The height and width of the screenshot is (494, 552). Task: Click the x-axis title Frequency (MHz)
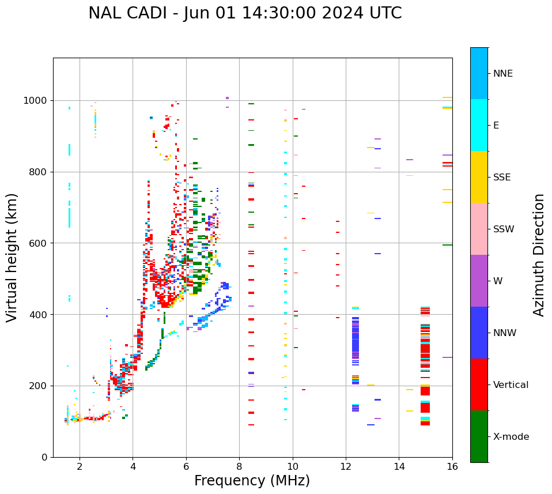click(252, 481)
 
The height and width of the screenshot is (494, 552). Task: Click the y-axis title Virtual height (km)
click(12, 258)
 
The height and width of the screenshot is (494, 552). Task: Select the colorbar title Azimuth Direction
click(539, 255)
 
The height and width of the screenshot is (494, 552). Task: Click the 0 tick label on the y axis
click(44, 457)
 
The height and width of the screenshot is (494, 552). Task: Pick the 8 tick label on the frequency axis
click(239, 466)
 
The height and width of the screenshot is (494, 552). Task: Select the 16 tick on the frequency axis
click(452, 466)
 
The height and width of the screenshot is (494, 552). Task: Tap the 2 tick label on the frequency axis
click(80, 466)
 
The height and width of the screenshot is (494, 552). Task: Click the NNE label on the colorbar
click(502, 74)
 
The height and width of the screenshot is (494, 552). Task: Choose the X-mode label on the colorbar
click(511, 437)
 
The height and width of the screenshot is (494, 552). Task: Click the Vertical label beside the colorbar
click(511, 385)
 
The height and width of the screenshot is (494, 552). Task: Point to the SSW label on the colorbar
click(504, 229)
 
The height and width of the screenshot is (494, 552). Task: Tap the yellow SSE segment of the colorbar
click(479, 177)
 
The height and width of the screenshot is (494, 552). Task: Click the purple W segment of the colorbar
click(479, 281)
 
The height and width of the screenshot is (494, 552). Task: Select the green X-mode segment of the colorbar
click(479, 436)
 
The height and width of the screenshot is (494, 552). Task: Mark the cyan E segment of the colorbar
click(479, 125)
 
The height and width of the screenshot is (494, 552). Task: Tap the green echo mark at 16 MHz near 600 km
click(447, 245)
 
